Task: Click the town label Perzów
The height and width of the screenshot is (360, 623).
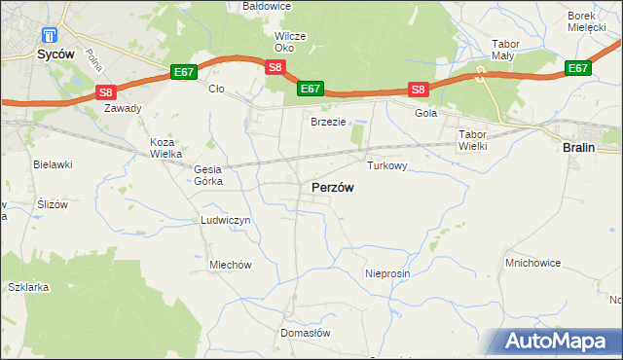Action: point(332,187)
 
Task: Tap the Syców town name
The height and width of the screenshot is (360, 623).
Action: point(56,55)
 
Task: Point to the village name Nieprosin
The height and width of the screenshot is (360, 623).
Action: point(387,274)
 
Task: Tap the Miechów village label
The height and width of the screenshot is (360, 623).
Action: point(231,265)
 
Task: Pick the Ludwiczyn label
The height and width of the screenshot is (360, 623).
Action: point(226,221)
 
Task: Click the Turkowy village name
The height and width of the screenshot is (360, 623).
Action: point(386,166)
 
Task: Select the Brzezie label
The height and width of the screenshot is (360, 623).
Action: point(328,122)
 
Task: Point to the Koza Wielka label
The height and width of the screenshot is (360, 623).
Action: point(167,148)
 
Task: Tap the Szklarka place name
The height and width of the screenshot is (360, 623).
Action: point(28,288)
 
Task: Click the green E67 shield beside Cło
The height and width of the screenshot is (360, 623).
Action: point(184,72)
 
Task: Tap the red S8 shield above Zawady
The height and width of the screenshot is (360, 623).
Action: point(106,92)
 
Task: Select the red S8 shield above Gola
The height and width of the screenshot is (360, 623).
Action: point(418,90)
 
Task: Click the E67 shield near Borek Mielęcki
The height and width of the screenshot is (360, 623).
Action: point(578,68)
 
